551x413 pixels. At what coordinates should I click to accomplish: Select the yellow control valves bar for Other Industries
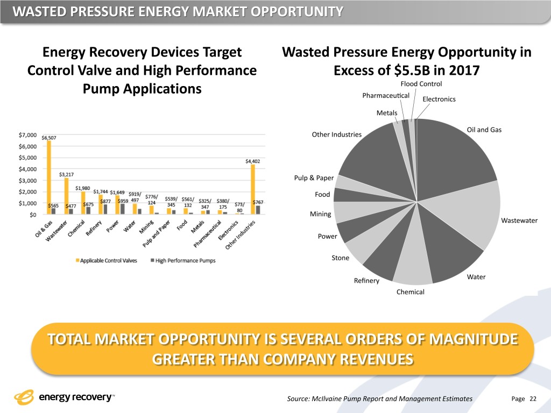pos(252,189)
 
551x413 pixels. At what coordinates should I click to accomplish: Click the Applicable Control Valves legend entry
pos(106,261)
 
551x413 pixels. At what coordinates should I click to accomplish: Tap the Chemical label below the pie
pos(411,292)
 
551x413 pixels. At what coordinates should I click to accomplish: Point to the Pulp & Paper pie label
pos(314,178)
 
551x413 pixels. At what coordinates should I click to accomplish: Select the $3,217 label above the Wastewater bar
pos(67,174)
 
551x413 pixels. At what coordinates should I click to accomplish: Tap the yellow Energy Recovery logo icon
pos(24,398)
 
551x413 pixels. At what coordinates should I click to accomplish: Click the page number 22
pos(533,398)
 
